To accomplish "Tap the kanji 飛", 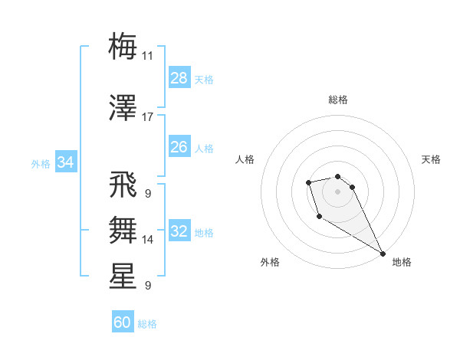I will [x=123, y=186].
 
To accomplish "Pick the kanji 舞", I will [x=123, y=229].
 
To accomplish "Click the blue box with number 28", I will [x=179, y=78].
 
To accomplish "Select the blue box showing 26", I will [x=179, y=147].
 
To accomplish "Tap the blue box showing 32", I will [x=179, y=231].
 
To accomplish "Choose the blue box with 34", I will [x=66, y=162].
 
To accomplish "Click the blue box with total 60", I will [x=123, y=322].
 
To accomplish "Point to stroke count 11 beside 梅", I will [x=148, y=56].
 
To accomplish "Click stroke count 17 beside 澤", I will [x=148, y=117].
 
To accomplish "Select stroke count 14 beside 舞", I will [x=148, y=240].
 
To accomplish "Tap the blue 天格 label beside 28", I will [x=204, y=79].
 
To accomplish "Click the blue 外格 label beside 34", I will [x=41, y=163].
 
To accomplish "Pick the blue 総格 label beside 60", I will [x=147, y=324].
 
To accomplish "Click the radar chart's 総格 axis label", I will [x=338, y=100].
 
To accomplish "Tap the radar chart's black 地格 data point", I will [x=383, y=254].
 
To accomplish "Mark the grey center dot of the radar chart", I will [x=337, y=191].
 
